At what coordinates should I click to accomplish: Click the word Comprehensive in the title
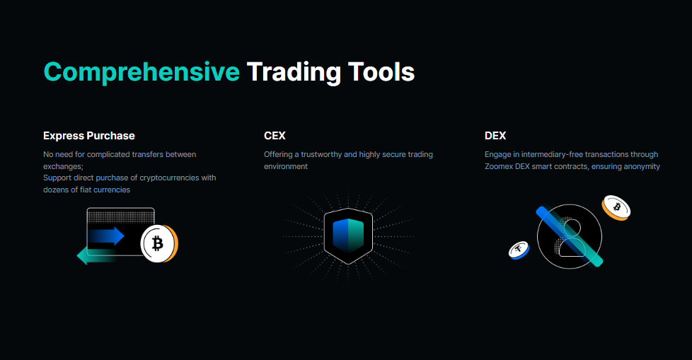[x=142, y=72]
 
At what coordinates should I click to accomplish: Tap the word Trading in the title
[x=294, y=72]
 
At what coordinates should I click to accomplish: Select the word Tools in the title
[x=381, y=72]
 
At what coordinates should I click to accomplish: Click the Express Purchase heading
[x=89, y=136]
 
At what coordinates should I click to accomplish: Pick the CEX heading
[x=275, y=136]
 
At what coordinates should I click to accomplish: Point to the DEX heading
[x=495, y=136]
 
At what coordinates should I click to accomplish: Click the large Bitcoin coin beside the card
[x=159, y=243]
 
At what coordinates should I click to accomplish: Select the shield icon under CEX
[x=348, y=236]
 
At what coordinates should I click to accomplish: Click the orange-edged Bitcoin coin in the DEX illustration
[x=616, y=208]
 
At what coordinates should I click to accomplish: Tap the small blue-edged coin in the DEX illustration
[x=519, y=250]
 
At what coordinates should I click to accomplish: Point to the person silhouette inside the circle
[x=572, y=238]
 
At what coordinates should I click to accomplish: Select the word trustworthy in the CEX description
[x=321, y=154]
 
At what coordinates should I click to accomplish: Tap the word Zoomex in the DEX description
[x=499, y=166]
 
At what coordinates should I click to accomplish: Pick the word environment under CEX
[x=286, y=166]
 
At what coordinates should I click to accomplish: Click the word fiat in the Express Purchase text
[x=86, y=190]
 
